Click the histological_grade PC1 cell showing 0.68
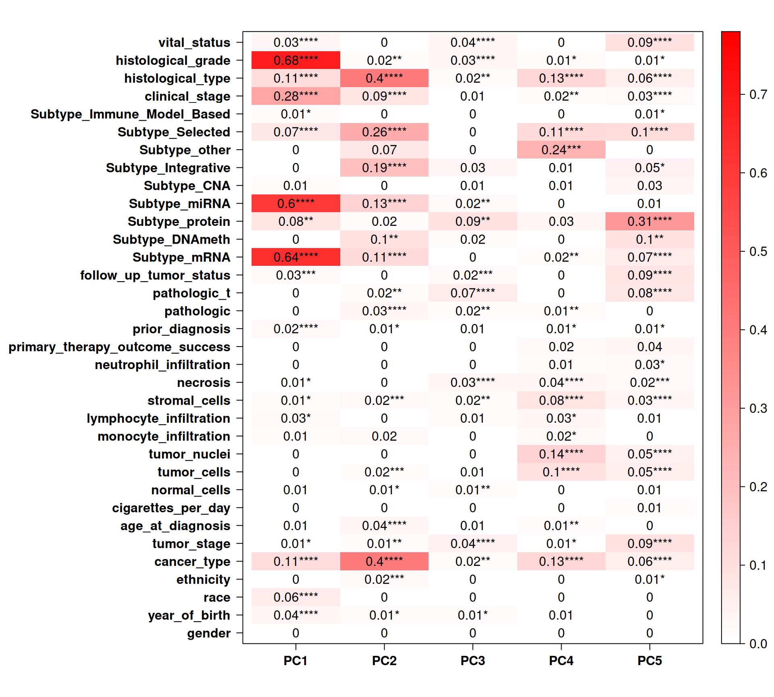click(x=295, y=61)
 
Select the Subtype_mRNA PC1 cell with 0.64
click(x=295, y=257)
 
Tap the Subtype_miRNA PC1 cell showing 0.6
click(x=295, y=204)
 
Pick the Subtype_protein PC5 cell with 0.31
click(x=649, y=221)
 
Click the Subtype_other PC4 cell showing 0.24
click(x=561, y=150)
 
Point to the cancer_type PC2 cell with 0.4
click(x=384, y=561)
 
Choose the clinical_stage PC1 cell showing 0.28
click(x=295, y=96)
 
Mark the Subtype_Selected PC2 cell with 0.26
click(x=384, y=132)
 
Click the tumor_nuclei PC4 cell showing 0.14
click(x=561, y=454)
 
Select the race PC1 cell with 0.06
click(x=295, y=597)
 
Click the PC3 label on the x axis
click(x=472, y=661)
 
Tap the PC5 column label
click(x=649, y=661)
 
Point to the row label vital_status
click(x=194, y=43)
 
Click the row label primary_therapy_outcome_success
click(x=119, y=347)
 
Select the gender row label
click(x=208, y=633)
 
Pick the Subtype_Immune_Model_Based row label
click(x=130, y=114)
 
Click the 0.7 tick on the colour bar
click(x=758, y=95)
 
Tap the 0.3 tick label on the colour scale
click(x=758, y=409)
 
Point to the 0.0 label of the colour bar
click(x=758, y=644)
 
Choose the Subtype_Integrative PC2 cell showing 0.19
click(x=384, y=168)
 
